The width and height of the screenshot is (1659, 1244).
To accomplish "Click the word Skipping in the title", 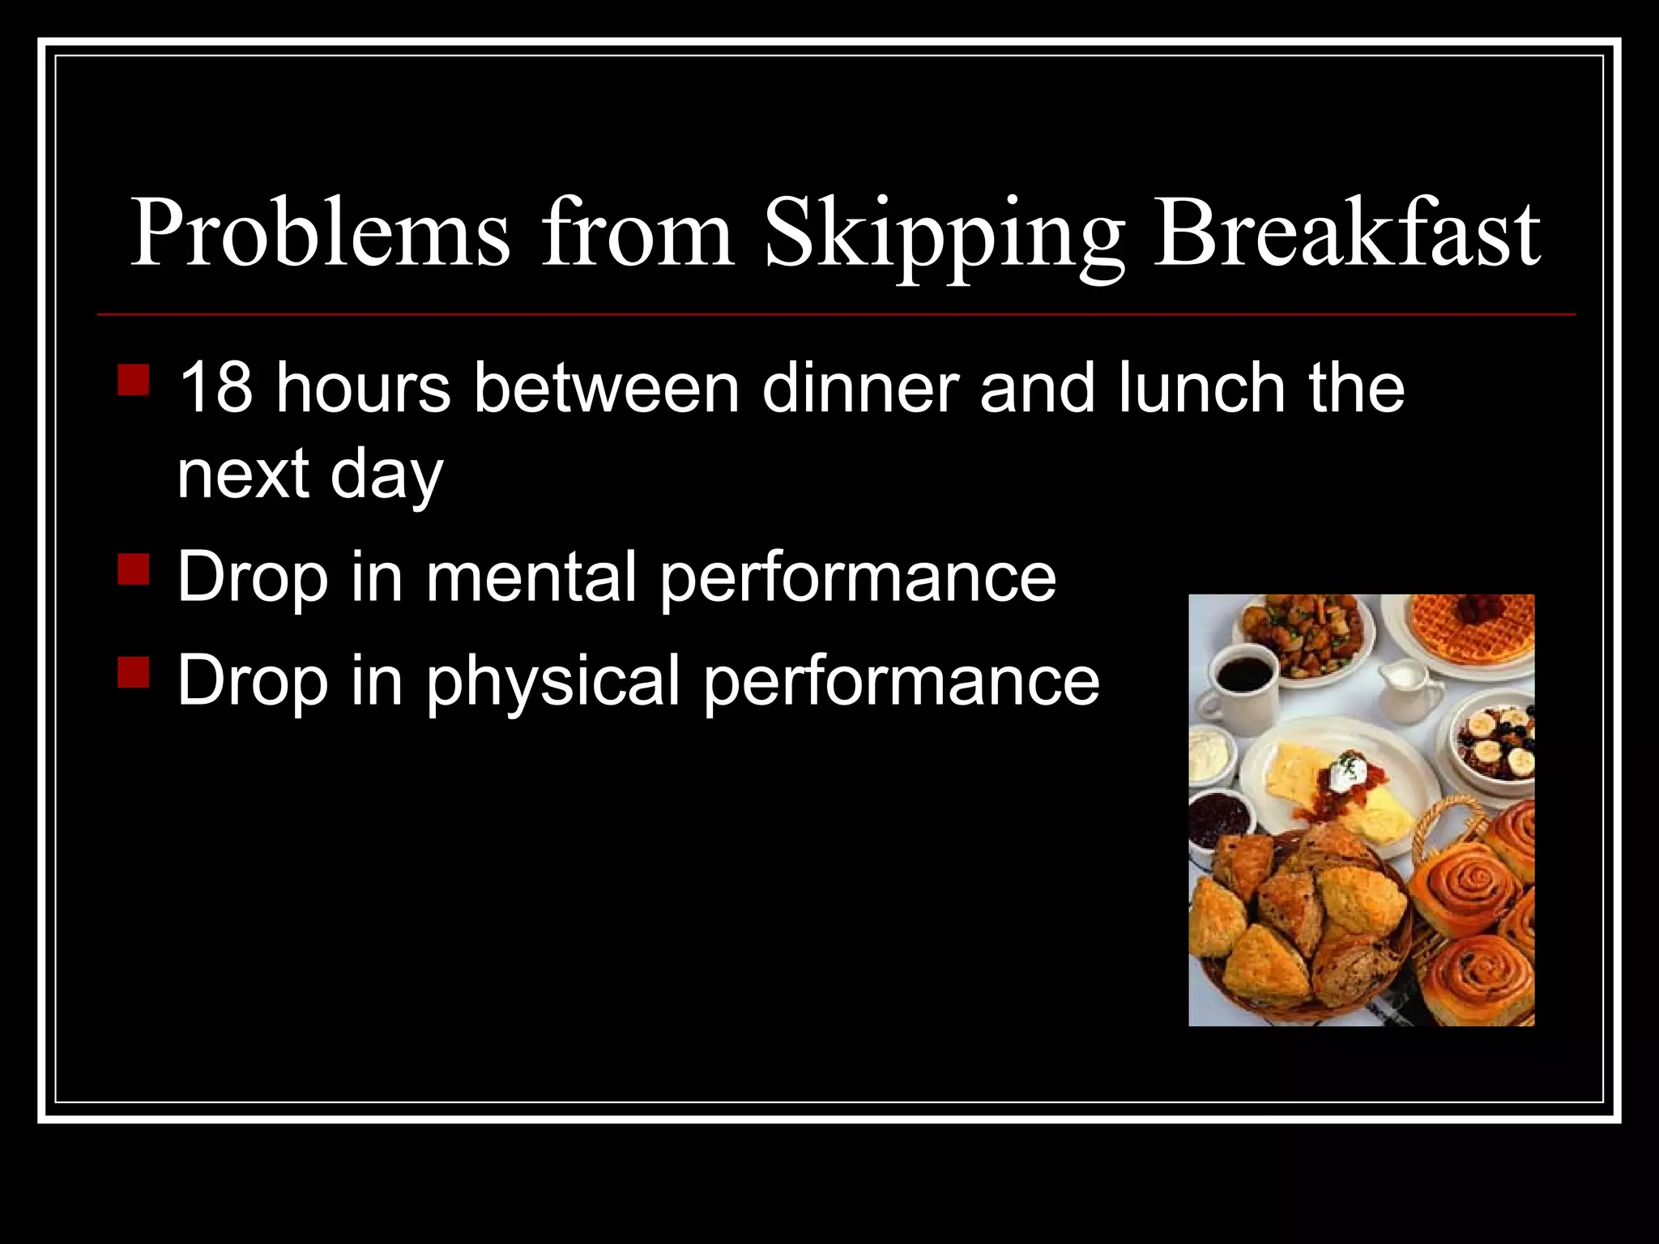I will [x=944, y=235].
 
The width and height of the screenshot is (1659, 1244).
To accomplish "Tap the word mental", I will [x=531, y=577].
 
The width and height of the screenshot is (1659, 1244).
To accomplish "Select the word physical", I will [x=553, y=682].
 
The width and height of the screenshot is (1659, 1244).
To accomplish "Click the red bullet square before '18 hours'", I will [x=134, y=379].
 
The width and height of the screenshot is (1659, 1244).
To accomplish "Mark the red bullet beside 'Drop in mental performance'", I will [x=134, y=569].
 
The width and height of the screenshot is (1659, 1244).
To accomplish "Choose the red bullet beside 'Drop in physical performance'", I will [x=134, y=672].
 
